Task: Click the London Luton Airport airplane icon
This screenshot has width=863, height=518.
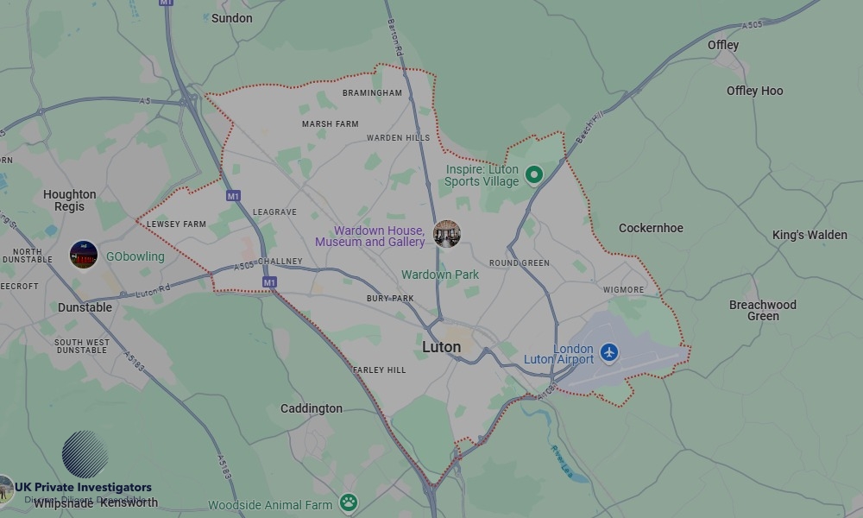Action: tap(610, 352)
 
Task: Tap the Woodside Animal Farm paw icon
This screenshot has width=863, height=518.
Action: tap(348, 502)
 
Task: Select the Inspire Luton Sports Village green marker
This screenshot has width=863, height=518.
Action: tap(533, 175)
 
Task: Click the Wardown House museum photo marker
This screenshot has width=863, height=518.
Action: tap(446, 234)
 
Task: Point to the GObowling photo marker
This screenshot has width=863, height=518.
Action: tap(84, 256)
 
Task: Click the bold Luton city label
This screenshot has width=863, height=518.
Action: tap(441, 347)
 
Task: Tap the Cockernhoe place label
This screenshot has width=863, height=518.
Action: tap(651, 229)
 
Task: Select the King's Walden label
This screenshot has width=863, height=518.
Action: tap(809, 235)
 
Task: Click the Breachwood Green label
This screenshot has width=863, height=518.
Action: tap(763, 311)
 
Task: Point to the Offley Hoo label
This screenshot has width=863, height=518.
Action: tap(754, 91)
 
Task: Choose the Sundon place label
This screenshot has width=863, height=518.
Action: tap(232, 18)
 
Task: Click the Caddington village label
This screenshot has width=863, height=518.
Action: tap(312, 408)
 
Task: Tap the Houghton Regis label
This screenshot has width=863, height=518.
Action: tap(70, 200)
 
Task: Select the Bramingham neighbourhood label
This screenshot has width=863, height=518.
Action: tap(372, 93)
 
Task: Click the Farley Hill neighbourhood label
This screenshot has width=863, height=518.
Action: tap(379, 370)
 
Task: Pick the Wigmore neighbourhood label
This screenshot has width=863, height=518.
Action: tap(623, 290)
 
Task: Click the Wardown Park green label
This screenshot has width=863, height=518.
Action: tap(440, 275)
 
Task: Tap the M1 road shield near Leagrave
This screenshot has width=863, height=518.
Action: tap(233, 196)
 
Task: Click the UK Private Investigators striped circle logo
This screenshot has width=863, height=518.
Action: tap(85, 454)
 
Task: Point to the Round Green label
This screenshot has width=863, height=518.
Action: tap(519, 263)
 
